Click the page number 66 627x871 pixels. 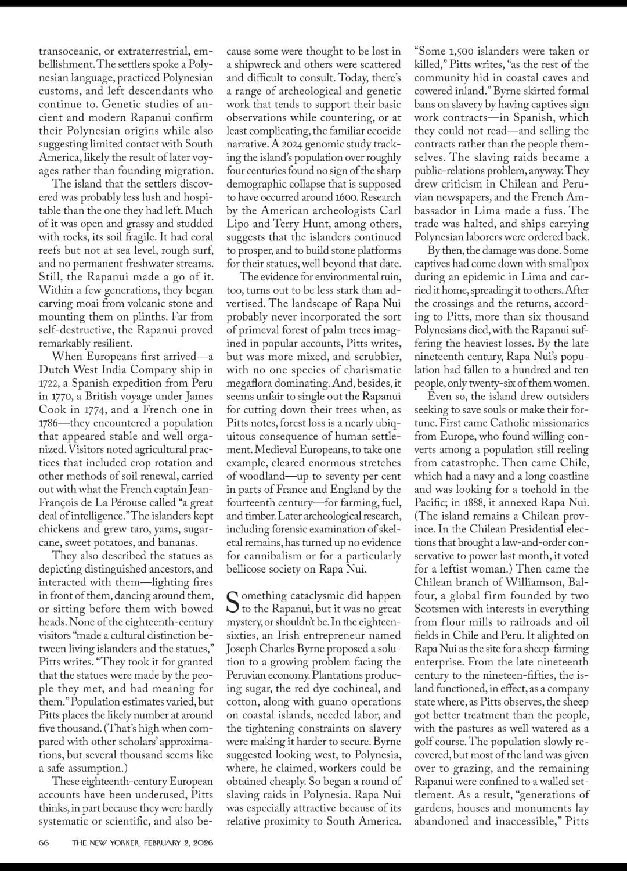(x=44, y=843)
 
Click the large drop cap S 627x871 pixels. (x=232, y=602)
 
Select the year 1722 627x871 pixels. (x=49, y=383)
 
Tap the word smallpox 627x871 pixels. (x=568, y=264)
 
